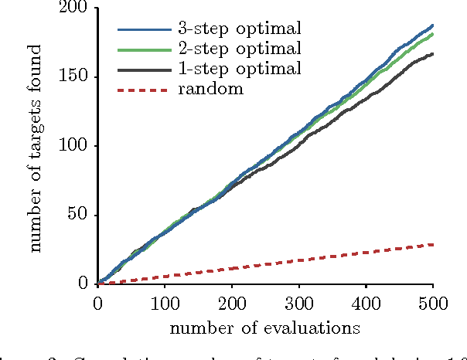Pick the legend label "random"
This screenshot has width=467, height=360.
pyautogui.click(x=210, y=89)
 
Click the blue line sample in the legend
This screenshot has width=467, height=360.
pyautogui.click(x=143, y=31)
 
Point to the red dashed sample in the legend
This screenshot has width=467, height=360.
pyautogui.click(x=143, y=90)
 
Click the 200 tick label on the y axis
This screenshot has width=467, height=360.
pyautogui.click(x=74, y=8)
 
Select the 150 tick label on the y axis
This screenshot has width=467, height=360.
pyautogui.click(x=74, y=77)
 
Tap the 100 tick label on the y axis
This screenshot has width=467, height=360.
pyautogui.click(x=74, y=146)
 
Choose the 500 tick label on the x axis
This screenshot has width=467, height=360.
pyautogui.click(x=432, y=303)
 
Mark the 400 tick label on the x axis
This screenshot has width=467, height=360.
pyautogui.click(x=366, y=303)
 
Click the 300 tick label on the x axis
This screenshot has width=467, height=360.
pyautogui.click(x=298, y=303)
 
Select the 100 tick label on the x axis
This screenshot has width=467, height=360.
pyautogui.click(x=165, y=303)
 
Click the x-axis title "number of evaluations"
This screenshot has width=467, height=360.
pyautogui.click(x=265, y=328)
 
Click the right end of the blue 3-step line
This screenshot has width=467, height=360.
pyautogui.click(x=432, y=25)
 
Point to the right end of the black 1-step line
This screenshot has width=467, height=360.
pyautogui.click(x=432, y=54)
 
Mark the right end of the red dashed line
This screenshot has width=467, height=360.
pyautogui.click(x=432, y=244)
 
